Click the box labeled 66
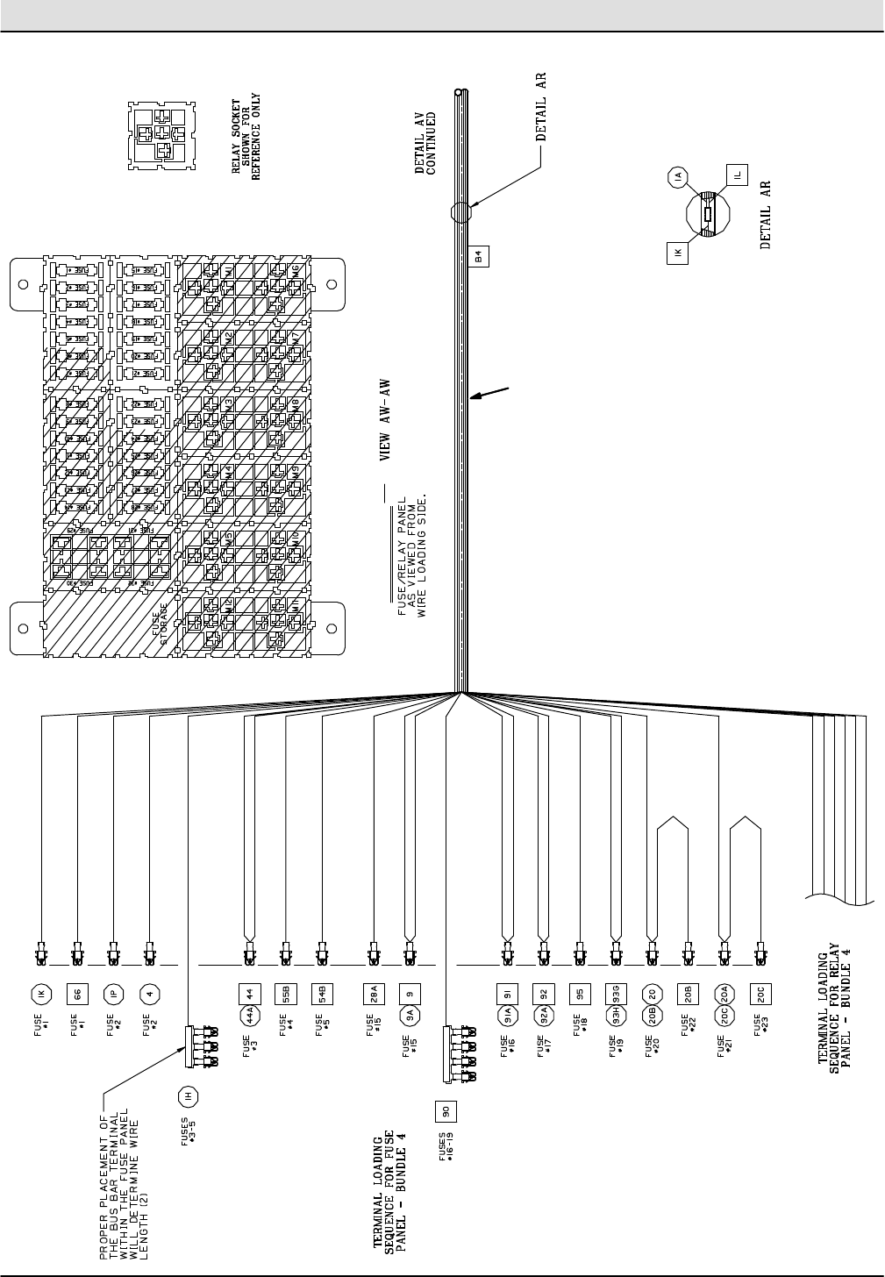pos(77,994)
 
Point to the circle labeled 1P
pos(113,994)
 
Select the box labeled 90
pos(446,1111)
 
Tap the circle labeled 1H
pos(187,1095)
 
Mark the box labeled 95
pos(578,994)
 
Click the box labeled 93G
pos(615,994)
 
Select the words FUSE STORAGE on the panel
pos(163,628)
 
